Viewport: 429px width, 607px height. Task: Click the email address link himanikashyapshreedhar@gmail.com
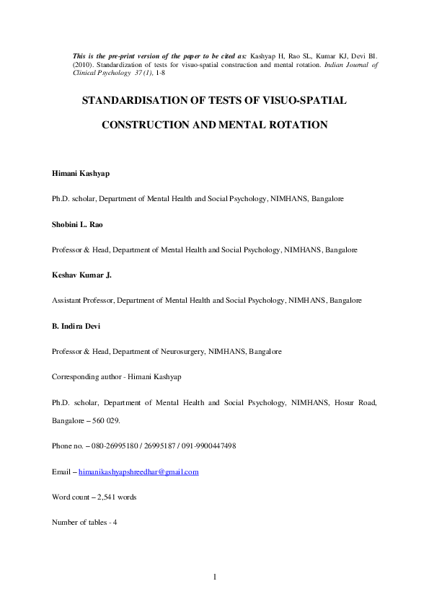click(138, 471)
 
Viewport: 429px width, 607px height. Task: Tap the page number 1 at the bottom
click(215, 576)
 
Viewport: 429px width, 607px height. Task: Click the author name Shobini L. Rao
click(77, 224)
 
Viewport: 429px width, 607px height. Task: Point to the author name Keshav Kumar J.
click(80, 274)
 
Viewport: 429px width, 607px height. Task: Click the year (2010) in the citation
click(84, 63)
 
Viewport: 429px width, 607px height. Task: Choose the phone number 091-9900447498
click(204, 446)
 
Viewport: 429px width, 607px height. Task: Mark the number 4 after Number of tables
click(115, 522)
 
